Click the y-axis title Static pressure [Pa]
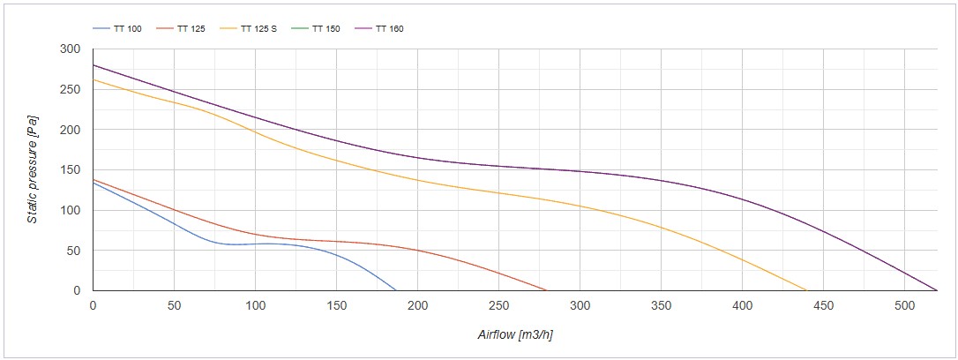(x=32, y=169)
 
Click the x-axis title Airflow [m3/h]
(x=514, y=334)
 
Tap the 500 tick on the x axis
(x=905, y=305)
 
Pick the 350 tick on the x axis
(x=662, y=305)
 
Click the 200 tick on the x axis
(x=418, y=305)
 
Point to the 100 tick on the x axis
(x=255, y=305)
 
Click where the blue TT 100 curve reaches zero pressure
(x=396, y=290)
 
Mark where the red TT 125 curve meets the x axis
(x=546, y=290)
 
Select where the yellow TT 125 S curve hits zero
(x=806, y=290)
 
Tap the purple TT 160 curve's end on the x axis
(x=937, y=290)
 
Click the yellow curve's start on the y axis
(x=94, y=79)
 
